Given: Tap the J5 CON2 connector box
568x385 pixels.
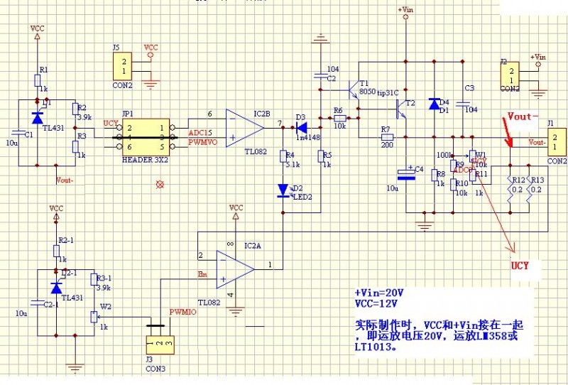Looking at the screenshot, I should (x=124, y=66).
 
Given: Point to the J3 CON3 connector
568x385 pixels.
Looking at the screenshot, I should (x=158, y=344).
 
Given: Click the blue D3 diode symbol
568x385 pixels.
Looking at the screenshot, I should (x=301, y=128).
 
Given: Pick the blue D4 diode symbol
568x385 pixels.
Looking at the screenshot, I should (x=435, y=104).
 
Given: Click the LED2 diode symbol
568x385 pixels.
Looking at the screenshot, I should (x=284, y=190).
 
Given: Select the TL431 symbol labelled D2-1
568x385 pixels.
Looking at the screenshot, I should (x=56, y=288).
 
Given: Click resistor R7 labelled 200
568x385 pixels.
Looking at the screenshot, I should (x=387, y=137).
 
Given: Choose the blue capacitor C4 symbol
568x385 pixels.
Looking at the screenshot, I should (x=406, y=173).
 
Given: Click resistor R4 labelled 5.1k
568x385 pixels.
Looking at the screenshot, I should (x=283, y=156).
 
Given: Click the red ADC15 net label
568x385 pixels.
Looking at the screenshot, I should (x=200, y=133).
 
